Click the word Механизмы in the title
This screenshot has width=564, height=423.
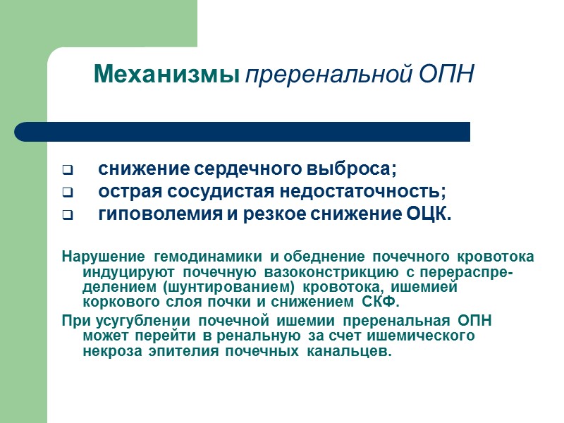(166, 74)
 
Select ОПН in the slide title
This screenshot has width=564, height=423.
(449, 74)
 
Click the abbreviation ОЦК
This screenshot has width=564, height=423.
(429, 214)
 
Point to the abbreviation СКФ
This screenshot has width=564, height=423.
(381, 303)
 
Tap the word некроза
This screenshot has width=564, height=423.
(108, 352)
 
